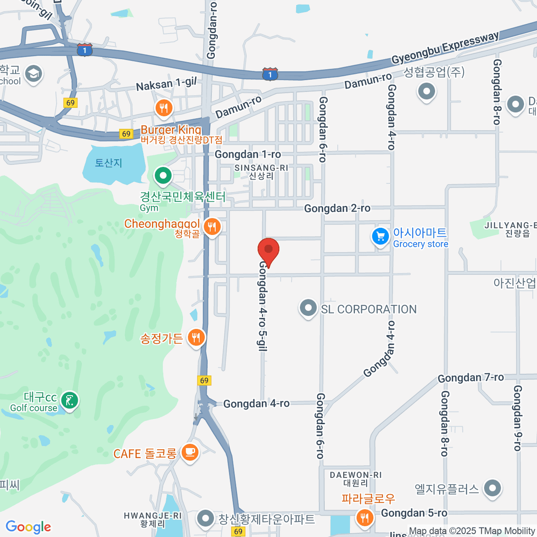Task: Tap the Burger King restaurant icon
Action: pyautogui.click(x=164, y=108)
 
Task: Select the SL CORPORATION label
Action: pyautogui.click(x=369, y=309)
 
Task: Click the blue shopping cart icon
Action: pyautogui.click(x=380, y=236)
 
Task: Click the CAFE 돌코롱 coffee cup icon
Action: pyautogui.click(x=190, y=452)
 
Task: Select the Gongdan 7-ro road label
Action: pyautogui.click(x=471, y=378)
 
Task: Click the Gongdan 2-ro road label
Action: pyautogui.click(x=337, y=208)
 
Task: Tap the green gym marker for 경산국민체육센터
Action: pyautogui.click(x=163, y=175)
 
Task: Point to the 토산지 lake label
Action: pyautogui.click(x=108, y=162)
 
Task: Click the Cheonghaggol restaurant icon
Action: pyautogui.click(x=212, y=227)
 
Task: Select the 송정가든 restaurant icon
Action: pyautogui.click(x=196, y=337)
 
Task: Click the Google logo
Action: pyautogui.click(x=29, y=527)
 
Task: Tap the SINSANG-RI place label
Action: pyautogui.click(x=261, y=168)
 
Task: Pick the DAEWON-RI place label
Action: pyautogui.click(x=356, y=475)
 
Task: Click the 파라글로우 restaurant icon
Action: pyautogui.click(x=365, y=518)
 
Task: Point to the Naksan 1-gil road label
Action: pyautogui.click(x=166, y=84)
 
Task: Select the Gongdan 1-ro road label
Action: pyautogui.click(x=248, y=154)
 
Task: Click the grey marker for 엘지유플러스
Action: pyautogui.click(x=493, y=488)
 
